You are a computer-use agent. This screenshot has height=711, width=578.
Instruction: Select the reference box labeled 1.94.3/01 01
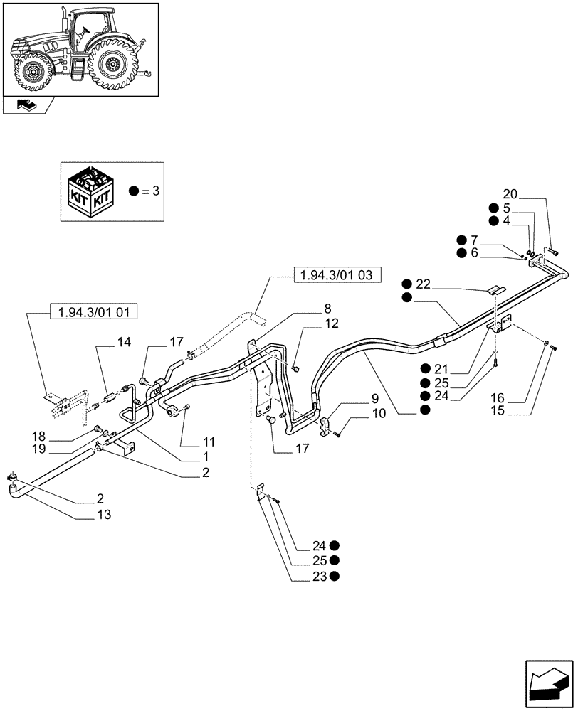pos(94,311)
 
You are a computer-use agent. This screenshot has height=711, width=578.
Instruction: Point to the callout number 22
pos(424,284)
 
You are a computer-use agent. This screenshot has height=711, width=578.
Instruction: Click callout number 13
pos(105,513)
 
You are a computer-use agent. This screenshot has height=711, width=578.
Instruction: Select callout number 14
pos(124,343)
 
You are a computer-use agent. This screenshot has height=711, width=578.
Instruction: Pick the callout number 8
pos(327,308)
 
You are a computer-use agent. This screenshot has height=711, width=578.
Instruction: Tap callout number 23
pos(317,577)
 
